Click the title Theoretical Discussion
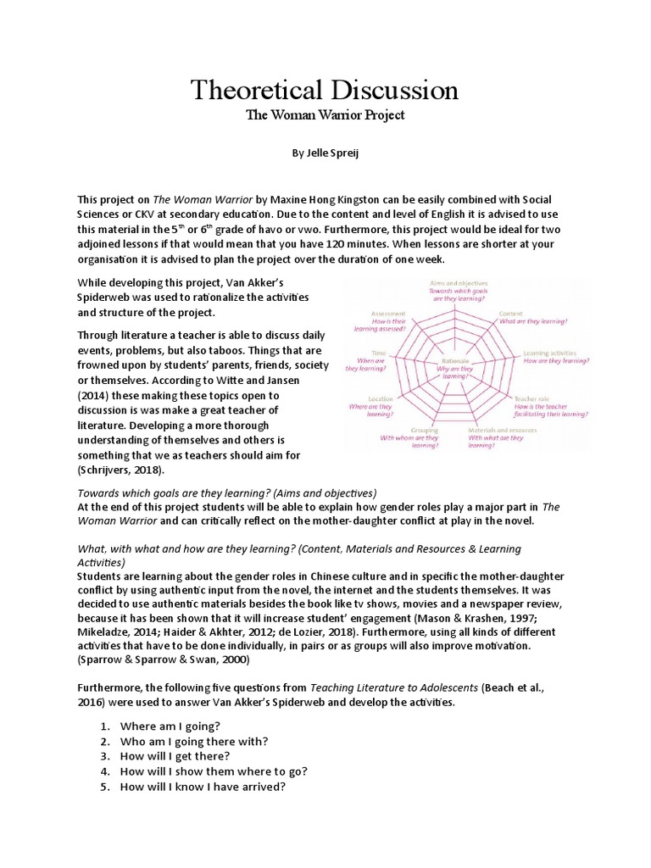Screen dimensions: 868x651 click(x=325, y=90)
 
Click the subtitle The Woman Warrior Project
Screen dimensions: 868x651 click(x=325, y=115)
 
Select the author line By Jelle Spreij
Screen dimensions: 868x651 click(x=325, y=155)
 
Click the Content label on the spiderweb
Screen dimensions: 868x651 click(x=532, y=313)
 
